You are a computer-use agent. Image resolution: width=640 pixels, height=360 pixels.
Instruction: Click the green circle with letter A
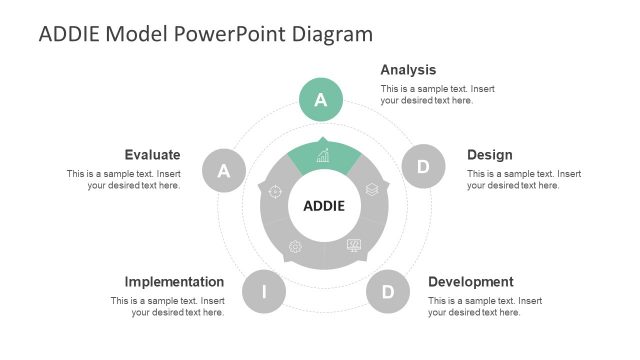click(x=321, y=99)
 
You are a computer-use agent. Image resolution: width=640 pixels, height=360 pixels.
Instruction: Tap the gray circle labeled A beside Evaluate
click(x=224, y=171)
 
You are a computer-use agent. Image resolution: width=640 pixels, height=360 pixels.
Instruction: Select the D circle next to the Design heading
click(x=422, y=167)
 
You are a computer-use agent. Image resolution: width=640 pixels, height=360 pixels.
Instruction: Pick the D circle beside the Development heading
click(x=387, y=292)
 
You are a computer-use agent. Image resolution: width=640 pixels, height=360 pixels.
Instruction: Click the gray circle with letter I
click(x=264, y=292)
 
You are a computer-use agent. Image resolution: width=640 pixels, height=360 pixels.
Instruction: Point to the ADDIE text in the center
click(x=323, y=207)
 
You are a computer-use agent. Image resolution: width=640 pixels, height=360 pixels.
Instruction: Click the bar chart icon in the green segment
click(x=323, y=156)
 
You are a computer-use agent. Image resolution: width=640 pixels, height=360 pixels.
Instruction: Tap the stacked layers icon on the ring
click(x=371, y=188)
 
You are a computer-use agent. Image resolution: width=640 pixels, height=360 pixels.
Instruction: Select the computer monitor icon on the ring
click(x=354, y=245)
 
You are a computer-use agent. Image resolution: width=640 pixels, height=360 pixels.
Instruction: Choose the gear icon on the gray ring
click(x=295, y=246)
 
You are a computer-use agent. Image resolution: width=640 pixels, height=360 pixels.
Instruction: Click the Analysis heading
click(x=408, y=70)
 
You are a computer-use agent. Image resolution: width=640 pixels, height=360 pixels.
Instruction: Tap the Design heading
click(x=490, y=155)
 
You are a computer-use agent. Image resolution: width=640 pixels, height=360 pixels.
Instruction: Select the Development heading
click(x=471, y=282)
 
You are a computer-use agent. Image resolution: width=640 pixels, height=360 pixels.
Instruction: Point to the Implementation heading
click(x=174, y=282)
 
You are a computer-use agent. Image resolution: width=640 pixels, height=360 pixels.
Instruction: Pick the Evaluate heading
click(x=152, y=155)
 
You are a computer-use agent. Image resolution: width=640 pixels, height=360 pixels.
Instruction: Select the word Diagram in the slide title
click(x=333, y=34)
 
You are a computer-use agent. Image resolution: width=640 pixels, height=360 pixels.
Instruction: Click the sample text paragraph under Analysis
click(x=437, y=95)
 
